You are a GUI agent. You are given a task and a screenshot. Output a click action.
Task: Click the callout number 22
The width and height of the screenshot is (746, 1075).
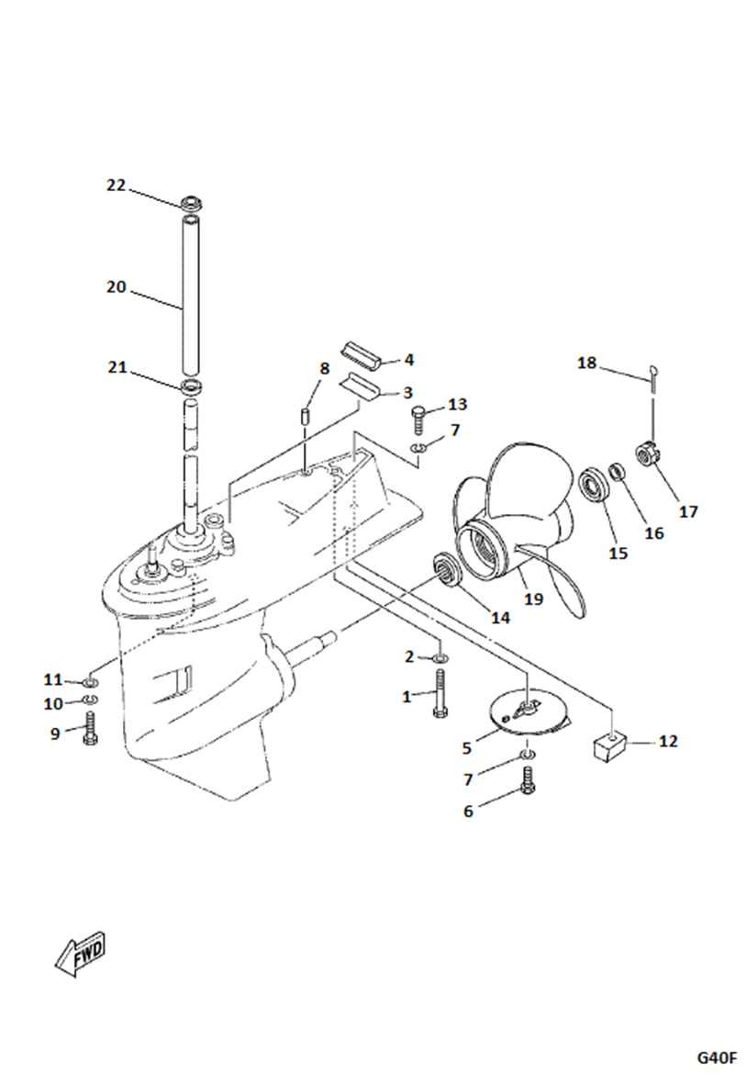coord(116,185)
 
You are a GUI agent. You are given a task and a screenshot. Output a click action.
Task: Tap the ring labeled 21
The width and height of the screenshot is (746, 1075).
coord(191,385)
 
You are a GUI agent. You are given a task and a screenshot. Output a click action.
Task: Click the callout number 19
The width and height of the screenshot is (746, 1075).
coord(532,599)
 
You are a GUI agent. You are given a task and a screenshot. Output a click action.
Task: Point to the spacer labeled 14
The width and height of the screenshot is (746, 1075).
coord(446,568)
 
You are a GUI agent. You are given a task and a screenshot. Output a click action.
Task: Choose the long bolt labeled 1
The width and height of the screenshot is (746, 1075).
coord(441,693)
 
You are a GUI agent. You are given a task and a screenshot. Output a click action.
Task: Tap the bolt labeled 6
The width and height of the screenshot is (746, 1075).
coord(528,781)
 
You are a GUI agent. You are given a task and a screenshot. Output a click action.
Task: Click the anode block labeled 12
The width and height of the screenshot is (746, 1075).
coord(606,742)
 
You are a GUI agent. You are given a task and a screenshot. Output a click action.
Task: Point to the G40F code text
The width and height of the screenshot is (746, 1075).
coord(716,1057)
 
